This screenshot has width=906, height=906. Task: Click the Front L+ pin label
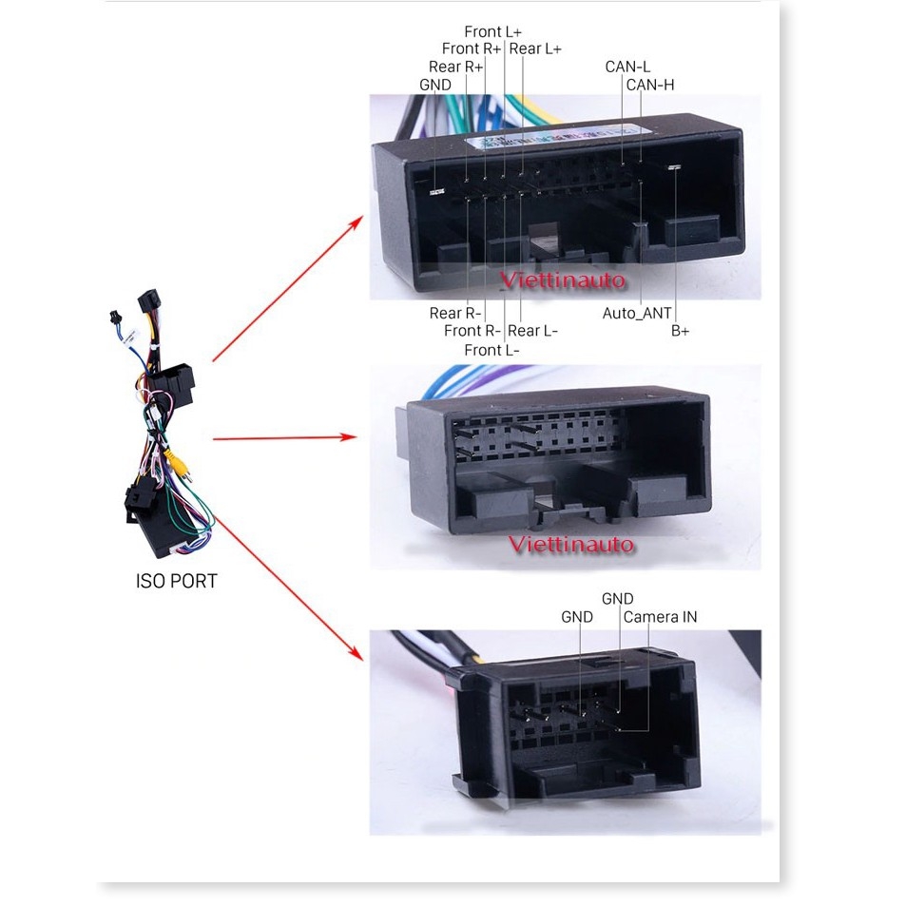[x=492, y=31]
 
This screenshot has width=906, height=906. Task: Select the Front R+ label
[x=471, y=48]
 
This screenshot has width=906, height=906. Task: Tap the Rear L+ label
[x=535, y=49]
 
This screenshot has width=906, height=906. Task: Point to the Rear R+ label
[x=455, y=67]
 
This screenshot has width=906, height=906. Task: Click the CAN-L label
[x=627, y=67]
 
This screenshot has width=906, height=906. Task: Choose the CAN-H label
[x=650, y=85]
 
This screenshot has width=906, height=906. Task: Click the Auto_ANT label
[x=637, y=313]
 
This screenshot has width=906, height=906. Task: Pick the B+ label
[x=680, y=331]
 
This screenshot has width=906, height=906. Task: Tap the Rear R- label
[x=454, y=313]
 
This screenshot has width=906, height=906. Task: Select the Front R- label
[x=472, y=331]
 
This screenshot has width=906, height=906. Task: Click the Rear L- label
[x=532, y=331]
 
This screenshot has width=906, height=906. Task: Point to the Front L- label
[x=492, y=350]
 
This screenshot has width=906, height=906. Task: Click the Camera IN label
[x=660, y=617]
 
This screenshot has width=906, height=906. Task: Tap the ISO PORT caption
[x=176, y=581]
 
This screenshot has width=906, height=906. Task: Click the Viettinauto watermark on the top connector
[x=562, y=280]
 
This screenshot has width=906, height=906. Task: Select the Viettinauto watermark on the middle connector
[x=570, y=545]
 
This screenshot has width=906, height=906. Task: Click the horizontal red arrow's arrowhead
[x=348, y=436]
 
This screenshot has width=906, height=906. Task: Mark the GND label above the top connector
[x=435, y=85]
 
